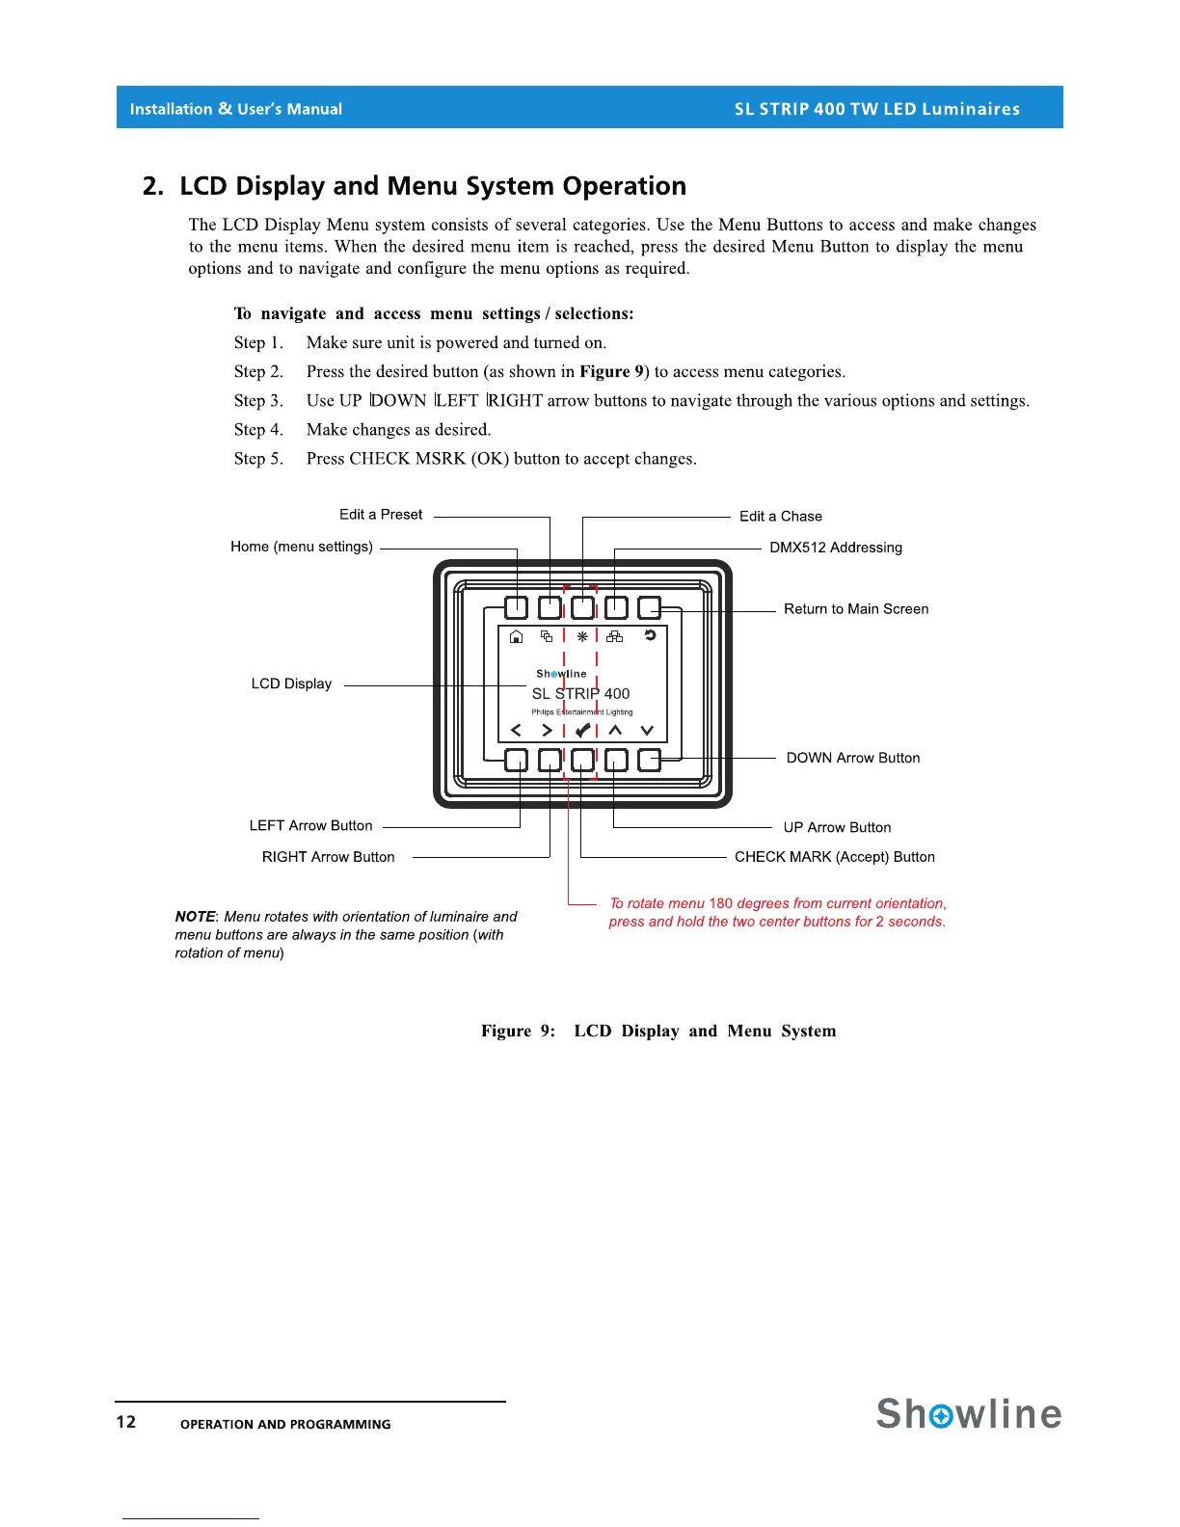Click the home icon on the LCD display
tap(516, 636)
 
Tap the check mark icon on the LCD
tap(581, 731)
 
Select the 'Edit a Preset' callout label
tap(381, 515)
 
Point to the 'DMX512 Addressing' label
tap(836, 548)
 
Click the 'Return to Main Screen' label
tap(856, 609)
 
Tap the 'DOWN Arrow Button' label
tap(853, 758)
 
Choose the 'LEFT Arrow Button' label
tap(310, 826)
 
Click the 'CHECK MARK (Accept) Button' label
tap(834, 857)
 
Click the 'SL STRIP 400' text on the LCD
tap(580, 693)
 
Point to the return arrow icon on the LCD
tap(650, 635)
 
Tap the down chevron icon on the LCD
tap(647, 731)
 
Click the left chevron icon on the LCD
tap(515, 731)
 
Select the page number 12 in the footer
tap(126, 1422)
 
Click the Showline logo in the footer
tap(969, 1414)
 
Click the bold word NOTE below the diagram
tap(195, 917)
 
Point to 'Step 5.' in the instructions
tap(258, 459)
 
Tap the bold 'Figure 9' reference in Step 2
tap(611, 372)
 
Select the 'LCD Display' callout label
tap(291, 684)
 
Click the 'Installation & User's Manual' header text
tap(236, 109)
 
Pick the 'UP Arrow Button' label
tap(837, 828)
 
